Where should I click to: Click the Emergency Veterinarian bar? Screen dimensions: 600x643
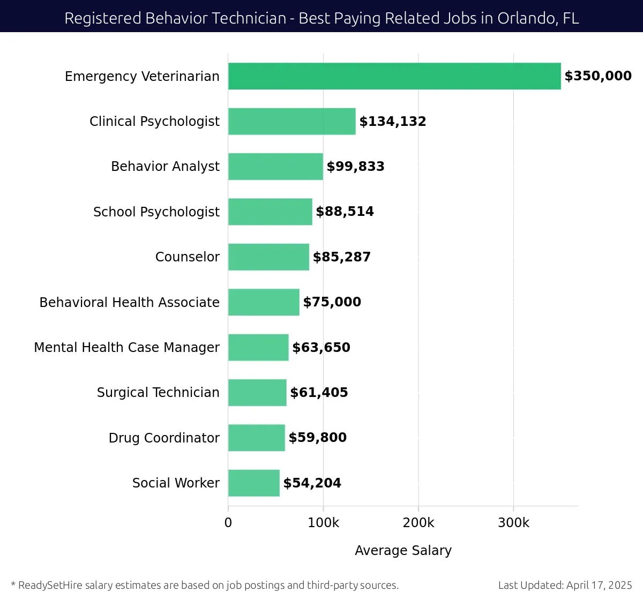[x=394, y=76]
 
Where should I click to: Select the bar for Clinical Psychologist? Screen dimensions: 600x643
[x=292, y=122]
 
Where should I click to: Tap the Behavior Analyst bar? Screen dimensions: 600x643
[x=275, y=167]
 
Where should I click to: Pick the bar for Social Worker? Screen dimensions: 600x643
[x=254, y=483]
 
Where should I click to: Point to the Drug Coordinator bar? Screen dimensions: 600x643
[x=257, y=438]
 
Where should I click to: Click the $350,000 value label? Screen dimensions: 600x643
[x=598, y=76]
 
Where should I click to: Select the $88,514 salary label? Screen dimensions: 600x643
[x=345, y=212]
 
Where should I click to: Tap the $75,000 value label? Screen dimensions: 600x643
[x=332, y=302]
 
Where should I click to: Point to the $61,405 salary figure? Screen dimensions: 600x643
[x=319, y=393]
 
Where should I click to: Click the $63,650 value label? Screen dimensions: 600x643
[x=321, y=348]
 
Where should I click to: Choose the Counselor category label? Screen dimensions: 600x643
[x=187, y=257]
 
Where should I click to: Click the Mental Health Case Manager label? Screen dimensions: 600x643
[x=126, y=348]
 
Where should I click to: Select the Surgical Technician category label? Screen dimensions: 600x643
[x=158, y=393]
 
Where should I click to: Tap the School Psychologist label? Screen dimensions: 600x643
[x=156, y=212]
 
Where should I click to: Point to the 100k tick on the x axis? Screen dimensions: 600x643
[x=323, y=523]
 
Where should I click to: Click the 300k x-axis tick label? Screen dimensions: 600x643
[x=513, y=523]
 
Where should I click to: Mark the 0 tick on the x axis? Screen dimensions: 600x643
[x=228, y=523]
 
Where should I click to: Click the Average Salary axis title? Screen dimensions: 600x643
[x=403, y=551]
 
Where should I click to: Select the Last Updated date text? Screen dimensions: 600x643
[x=565, y=585]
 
